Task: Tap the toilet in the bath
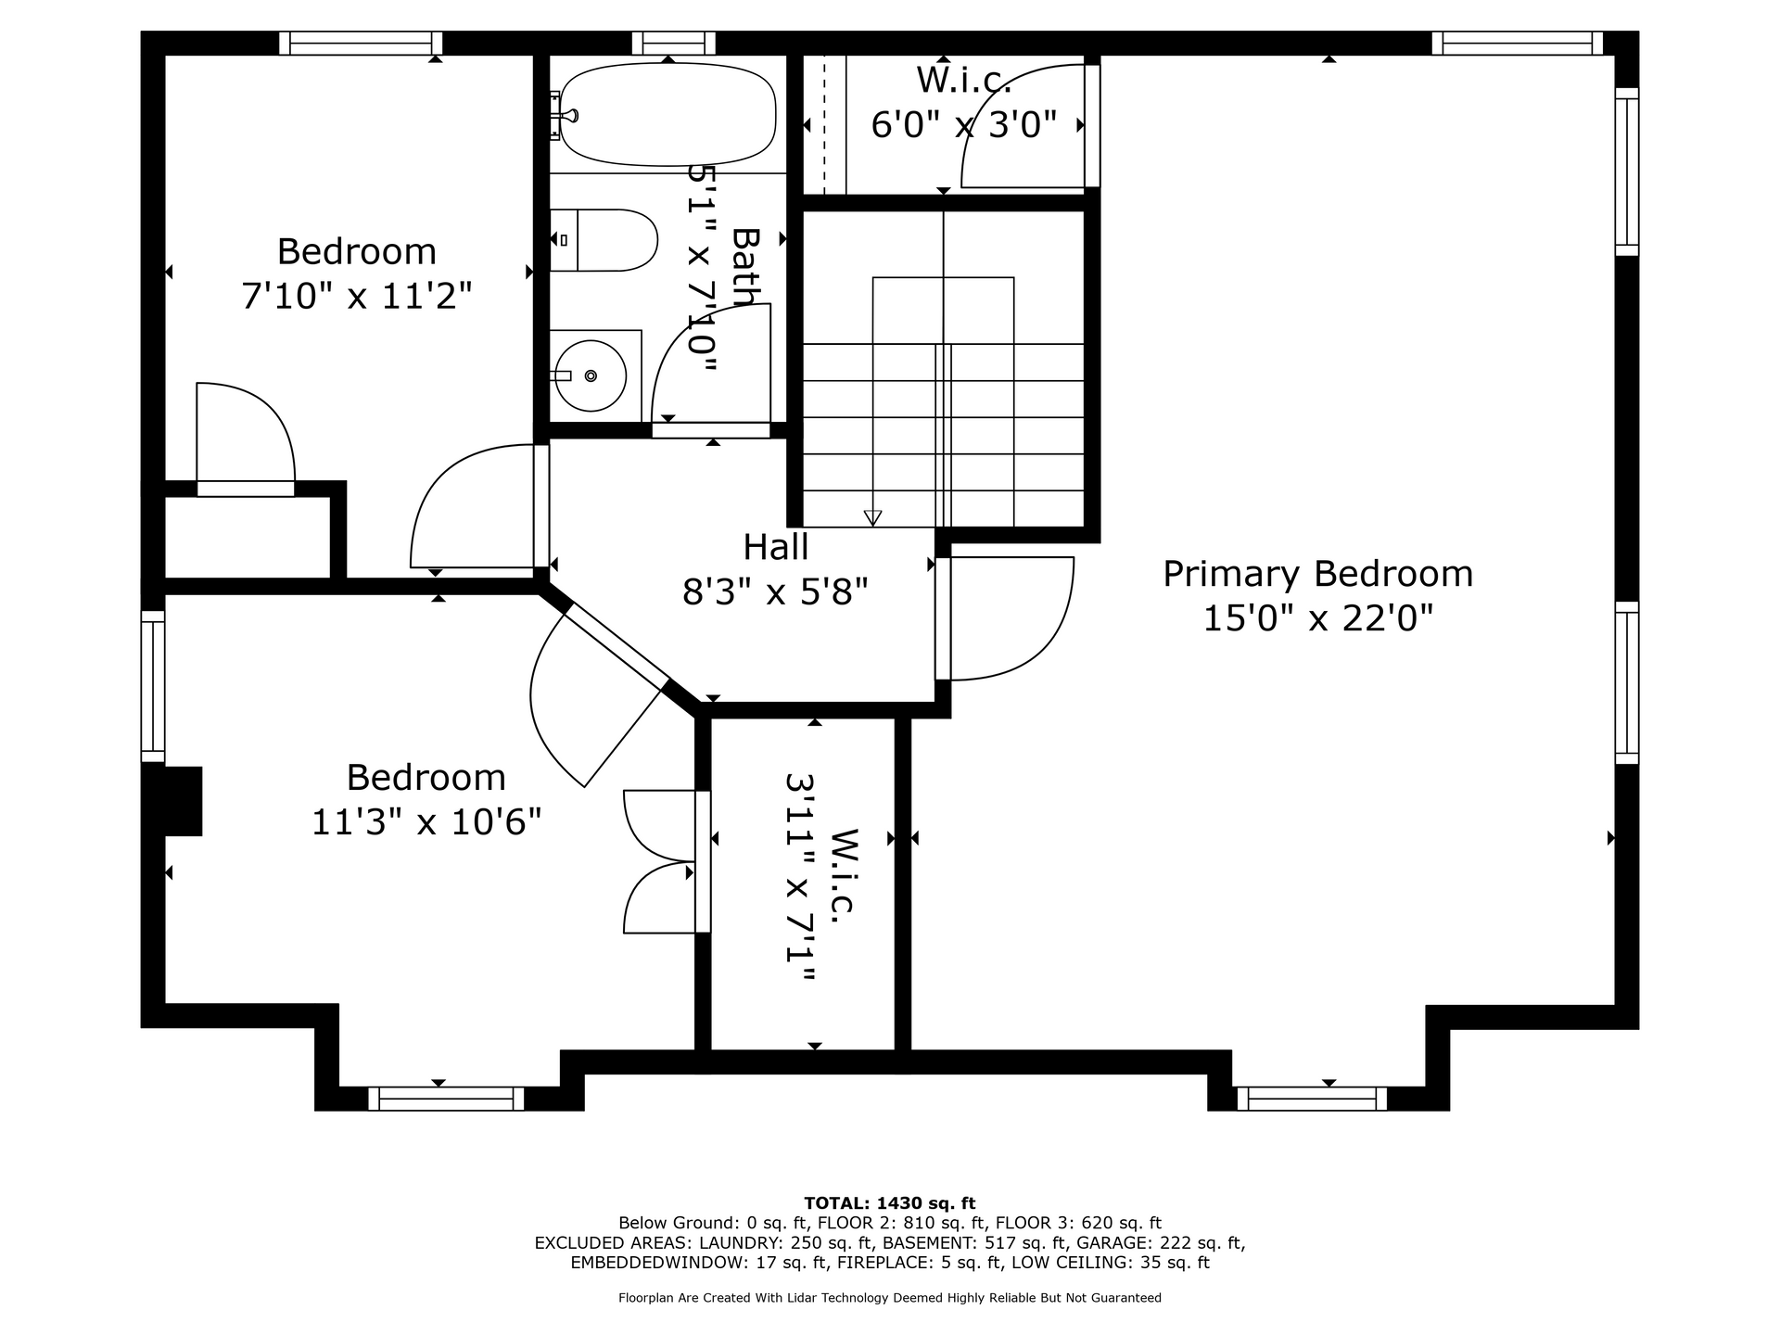pyautogui.click(x=604, y=240)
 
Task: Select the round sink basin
pyautogui.click(x=590, y=375)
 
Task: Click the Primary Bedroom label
pyautogui.click(x=1317, y=574)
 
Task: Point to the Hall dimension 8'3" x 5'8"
pyautogui.click(x=775, y=591)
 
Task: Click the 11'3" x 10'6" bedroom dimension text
pyautogui.click(x=426, y=821)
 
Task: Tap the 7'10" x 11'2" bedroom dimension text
pyautogui.click(x=357, y=297)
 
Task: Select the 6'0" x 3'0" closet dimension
pyautogui.click(x=964, y=124)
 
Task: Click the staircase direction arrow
pyautogui.click(x=872, y=517)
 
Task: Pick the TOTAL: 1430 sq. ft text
pyautogui.click(x=890, y=1203)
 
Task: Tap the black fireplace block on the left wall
pyautogui.click(x=183, y=801)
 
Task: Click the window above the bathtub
pyautogui.click(x=674, y=43)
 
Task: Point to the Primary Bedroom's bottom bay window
pyautogui.click(x=1312, y=1099)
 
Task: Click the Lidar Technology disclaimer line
pyautogui.click(x=890, y=1298)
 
